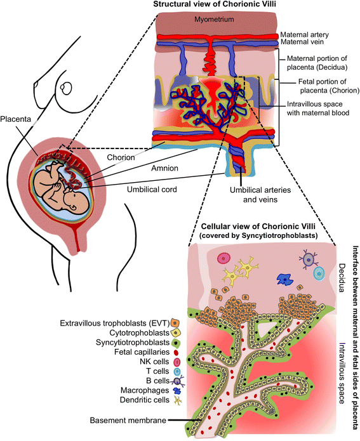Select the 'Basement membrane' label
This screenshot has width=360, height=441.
coord(128,420)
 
